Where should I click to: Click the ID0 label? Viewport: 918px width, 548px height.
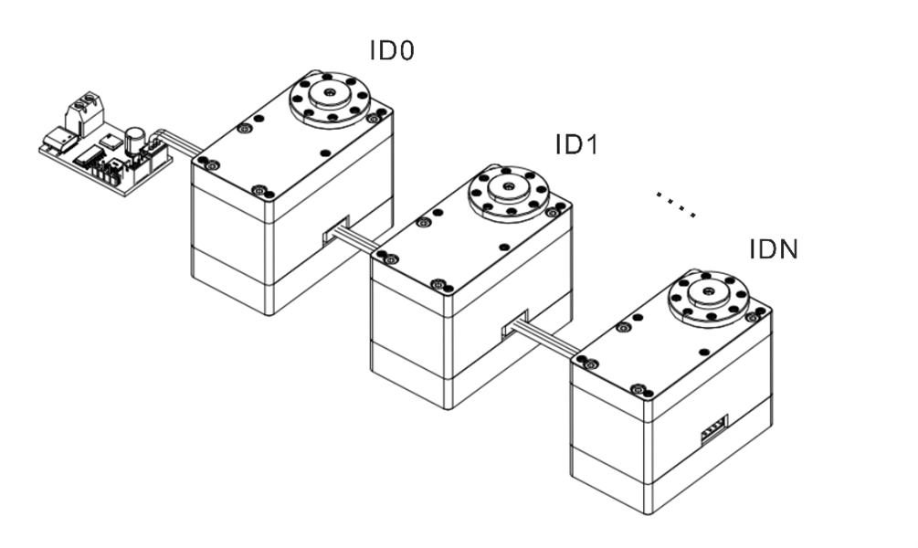(x=392, y=50)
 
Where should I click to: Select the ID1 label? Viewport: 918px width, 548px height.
(x=577, y=144)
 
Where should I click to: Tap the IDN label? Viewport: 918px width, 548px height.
(x=772, y=248)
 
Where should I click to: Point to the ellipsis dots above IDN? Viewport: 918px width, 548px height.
(x=677, y=205)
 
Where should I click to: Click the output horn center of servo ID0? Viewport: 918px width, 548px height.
(x=328, y=94)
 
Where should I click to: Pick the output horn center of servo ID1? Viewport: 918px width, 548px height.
(x=508, y=188)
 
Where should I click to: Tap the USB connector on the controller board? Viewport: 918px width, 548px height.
(x=58, y=141)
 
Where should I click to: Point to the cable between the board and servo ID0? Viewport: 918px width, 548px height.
(x=178, y=143)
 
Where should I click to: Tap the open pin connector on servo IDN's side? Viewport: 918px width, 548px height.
(x=714, y=428)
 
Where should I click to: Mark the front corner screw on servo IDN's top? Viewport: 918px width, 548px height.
(x=638, y=390)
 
